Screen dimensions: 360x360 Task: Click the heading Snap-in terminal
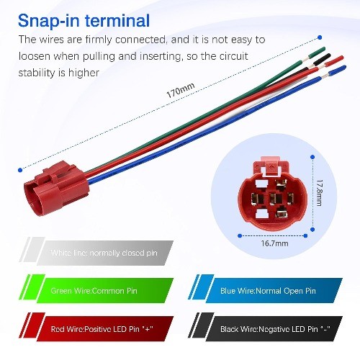[x=84, y=21]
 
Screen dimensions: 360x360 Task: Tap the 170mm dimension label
[x=181, y=91]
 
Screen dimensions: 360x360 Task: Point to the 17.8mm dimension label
[x=319, y=193]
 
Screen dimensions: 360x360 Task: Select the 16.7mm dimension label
[x=274, y=243]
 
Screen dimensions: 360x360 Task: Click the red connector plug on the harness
[x=57, y=189]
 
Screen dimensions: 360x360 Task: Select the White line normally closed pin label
[x=104, y=253]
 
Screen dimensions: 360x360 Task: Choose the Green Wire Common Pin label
[x=94, y=291]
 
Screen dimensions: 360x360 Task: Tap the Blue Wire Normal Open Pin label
[x=268, y=291]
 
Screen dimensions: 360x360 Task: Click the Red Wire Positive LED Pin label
[x=102, y=329]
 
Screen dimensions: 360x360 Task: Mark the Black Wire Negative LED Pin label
[x=275, y=329]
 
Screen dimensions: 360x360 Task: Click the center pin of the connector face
[x=276, y=199]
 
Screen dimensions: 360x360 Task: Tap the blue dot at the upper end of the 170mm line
[x=320, y=37]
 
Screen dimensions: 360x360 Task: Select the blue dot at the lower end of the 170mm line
[x=20, y=170]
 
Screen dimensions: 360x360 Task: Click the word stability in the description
[x=37, y=73]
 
